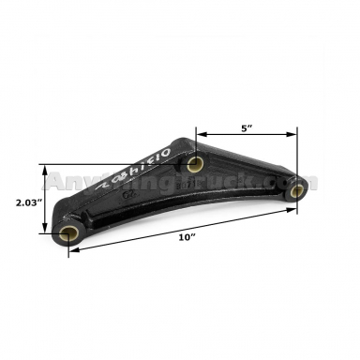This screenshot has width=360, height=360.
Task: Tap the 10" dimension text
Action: pos(187,238)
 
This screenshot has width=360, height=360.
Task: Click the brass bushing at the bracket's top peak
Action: pos(195,166)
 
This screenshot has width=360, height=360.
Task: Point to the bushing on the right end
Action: pos(296,191)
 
